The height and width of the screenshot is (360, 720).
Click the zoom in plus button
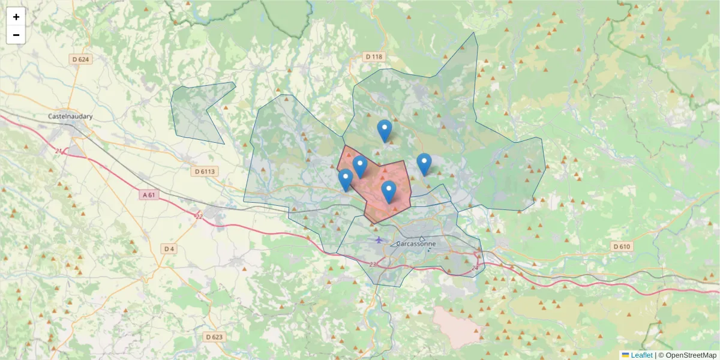point(16,17)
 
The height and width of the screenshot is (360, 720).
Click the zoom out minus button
point(16,35)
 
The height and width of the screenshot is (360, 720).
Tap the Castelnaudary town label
point(71,116)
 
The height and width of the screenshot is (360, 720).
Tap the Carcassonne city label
point(416,244)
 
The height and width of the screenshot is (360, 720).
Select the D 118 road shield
point(373,57)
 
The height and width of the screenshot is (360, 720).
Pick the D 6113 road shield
point(205,171)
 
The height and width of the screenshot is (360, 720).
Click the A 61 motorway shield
point(149,195)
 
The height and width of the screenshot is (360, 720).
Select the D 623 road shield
point(214,337)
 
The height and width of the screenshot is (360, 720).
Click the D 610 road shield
point(622,247)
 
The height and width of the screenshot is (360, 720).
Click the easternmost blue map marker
point(424,163)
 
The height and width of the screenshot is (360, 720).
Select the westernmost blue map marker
point(346,179)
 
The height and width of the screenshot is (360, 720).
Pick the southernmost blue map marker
point(389,191)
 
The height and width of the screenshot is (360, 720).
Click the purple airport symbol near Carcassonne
point(379,240)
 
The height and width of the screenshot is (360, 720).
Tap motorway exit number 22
point(199,216)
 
